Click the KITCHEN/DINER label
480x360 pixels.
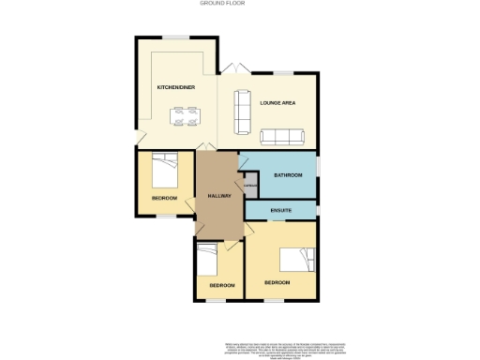click(x=175, y=87)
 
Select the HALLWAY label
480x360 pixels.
click(x=218, y=195)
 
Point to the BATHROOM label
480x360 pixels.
click(x=288, y=175)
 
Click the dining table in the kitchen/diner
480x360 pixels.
click(x=185, y=117)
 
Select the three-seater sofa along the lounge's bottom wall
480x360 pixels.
click(x=282, y=137)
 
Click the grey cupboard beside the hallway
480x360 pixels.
click(x=249, y=184)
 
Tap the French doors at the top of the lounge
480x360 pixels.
click(x=233, y=68)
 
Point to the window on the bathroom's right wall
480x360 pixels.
click(x=317, y=167)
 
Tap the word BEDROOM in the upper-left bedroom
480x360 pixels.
click(x=163, y=199)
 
